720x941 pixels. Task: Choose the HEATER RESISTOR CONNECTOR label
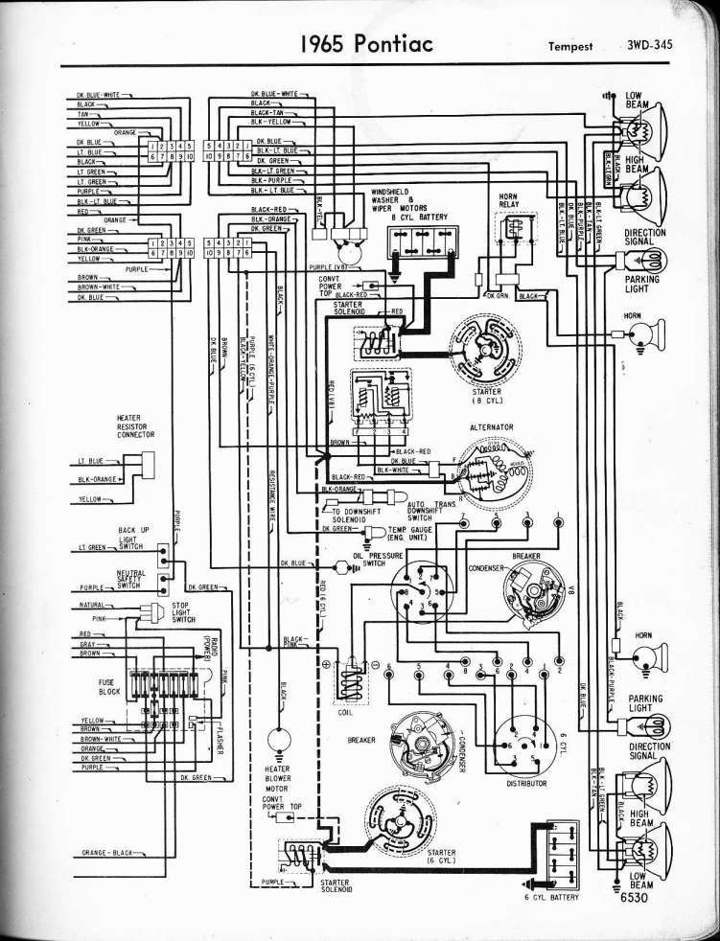pos(136,425)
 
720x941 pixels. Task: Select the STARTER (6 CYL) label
pos(441,855)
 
